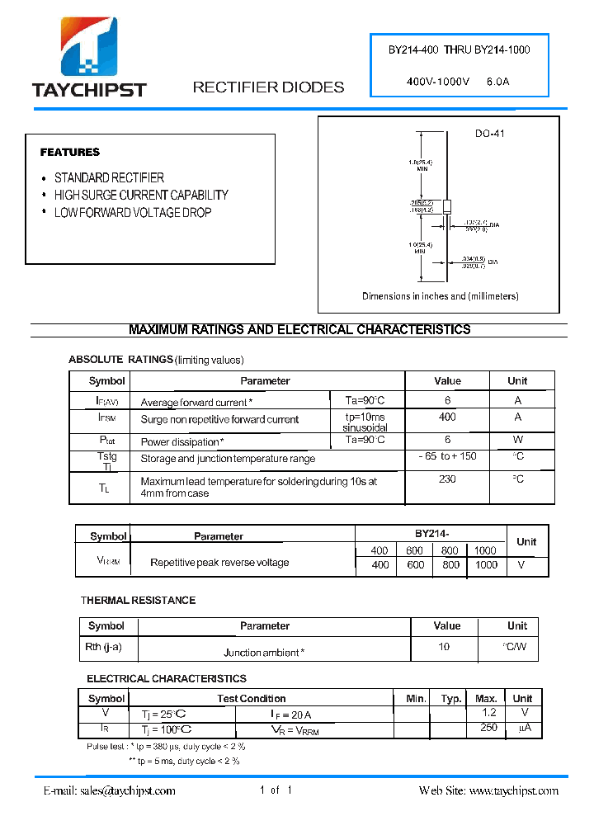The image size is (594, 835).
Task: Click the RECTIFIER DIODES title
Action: tap(268, 87)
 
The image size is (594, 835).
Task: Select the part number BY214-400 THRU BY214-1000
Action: tap(459, 50)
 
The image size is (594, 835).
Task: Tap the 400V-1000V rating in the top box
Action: tap(438, 82)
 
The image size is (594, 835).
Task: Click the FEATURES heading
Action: tap(70, 153)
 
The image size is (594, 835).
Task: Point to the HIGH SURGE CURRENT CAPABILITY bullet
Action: tap(141, 196)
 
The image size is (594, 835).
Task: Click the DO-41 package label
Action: tap(489, 134)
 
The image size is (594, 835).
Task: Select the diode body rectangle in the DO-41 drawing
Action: tap(446, 207)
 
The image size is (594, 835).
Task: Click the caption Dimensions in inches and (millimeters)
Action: tap(440, 296)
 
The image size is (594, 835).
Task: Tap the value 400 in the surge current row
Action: tap(447, 417)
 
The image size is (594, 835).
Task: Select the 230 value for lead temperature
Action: tap(447, 479)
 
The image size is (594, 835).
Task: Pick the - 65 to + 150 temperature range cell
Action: tap(447, 456)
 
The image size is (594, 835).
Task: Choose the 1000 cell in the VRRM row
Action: tap(487, 565)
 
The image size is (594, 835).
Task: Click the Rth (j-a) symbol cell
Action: tap(103, 648)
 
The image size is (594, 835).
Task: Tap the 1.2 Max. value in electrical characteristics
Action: tap(489, 712)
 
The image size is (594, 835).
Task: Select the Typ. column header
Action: tap(450, 698)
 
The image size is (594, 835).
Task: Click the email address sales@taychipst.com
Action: tap(109, 790)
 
